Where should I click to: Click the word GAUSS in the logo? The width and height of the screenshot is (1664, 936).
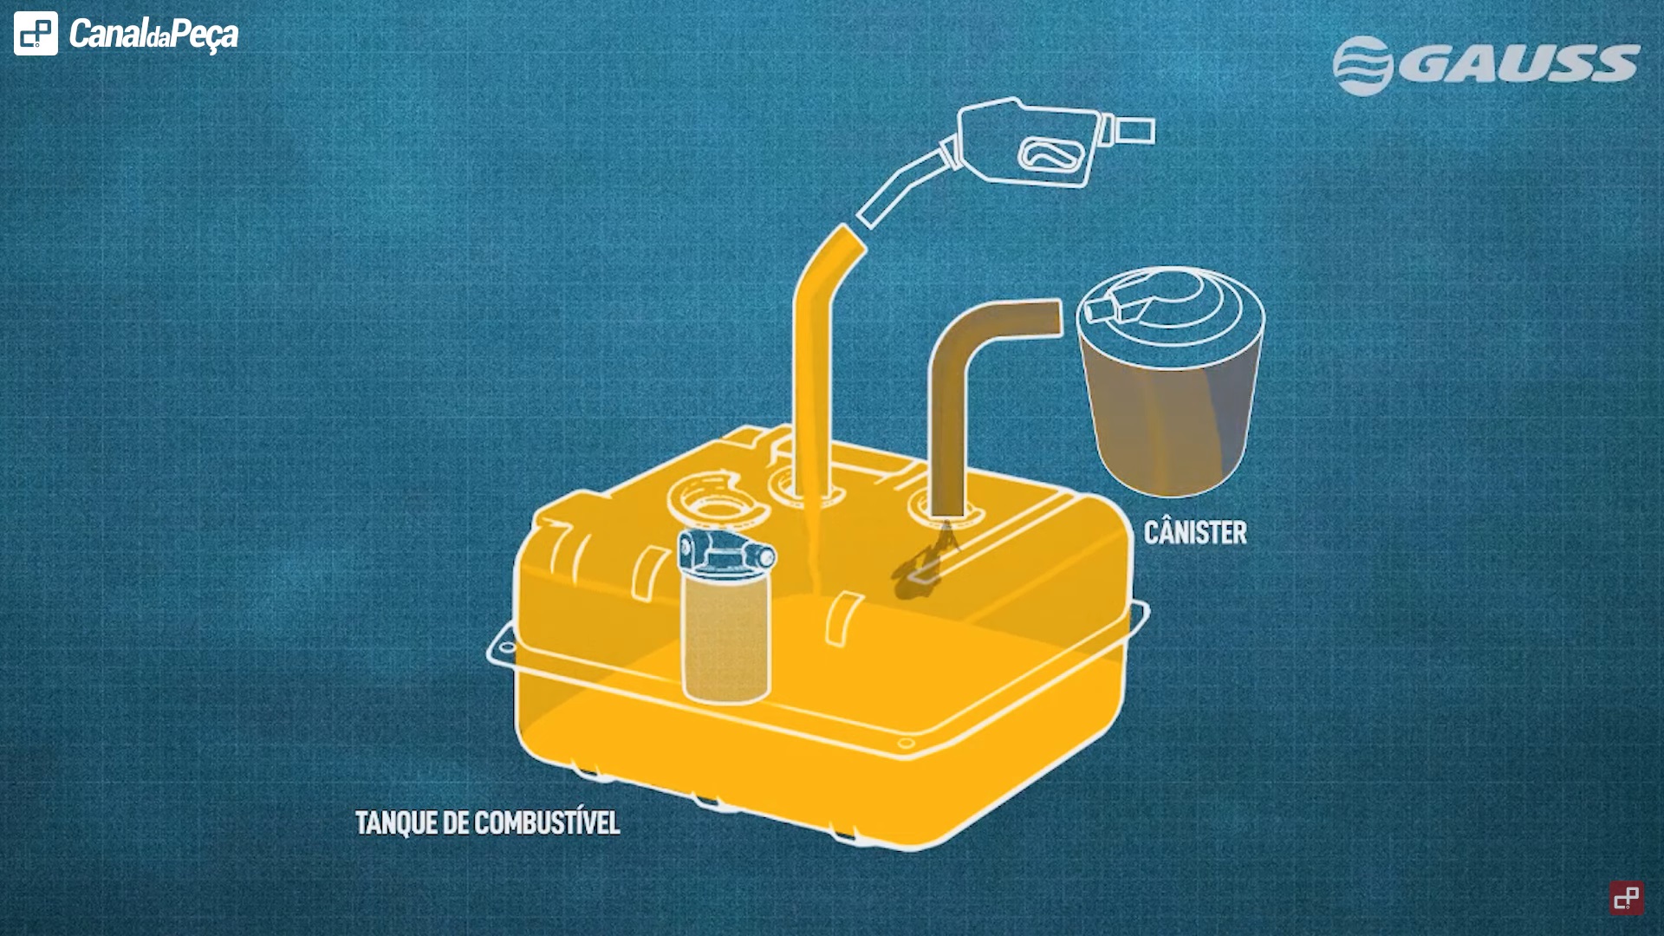click(x=1518, y=64)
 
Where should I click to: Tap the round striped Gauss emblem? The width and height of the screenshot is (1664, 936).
click(x=1362, y=65)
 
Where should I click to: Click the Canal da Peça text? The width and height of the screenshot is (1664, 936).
click(x=153, y=35)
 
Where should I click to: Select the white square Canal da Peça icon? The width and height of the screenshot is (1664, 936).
click(x=36, y=34)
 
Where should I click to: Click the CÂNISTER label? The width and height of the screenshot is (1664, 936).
click(x=1195, y=532)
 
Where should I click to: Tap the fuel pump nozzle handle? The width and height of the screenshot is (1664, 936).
click(x=1031, y=143)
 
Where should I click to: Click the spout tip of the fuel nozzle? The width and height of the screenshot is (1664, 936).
click(x=871, y=213)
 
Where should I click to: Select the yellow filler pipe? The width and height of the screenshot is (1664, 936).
click(x=813, y=364)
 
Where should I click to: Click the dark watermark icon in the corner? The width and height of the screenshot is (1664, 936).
click(x=1627, y=898)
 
